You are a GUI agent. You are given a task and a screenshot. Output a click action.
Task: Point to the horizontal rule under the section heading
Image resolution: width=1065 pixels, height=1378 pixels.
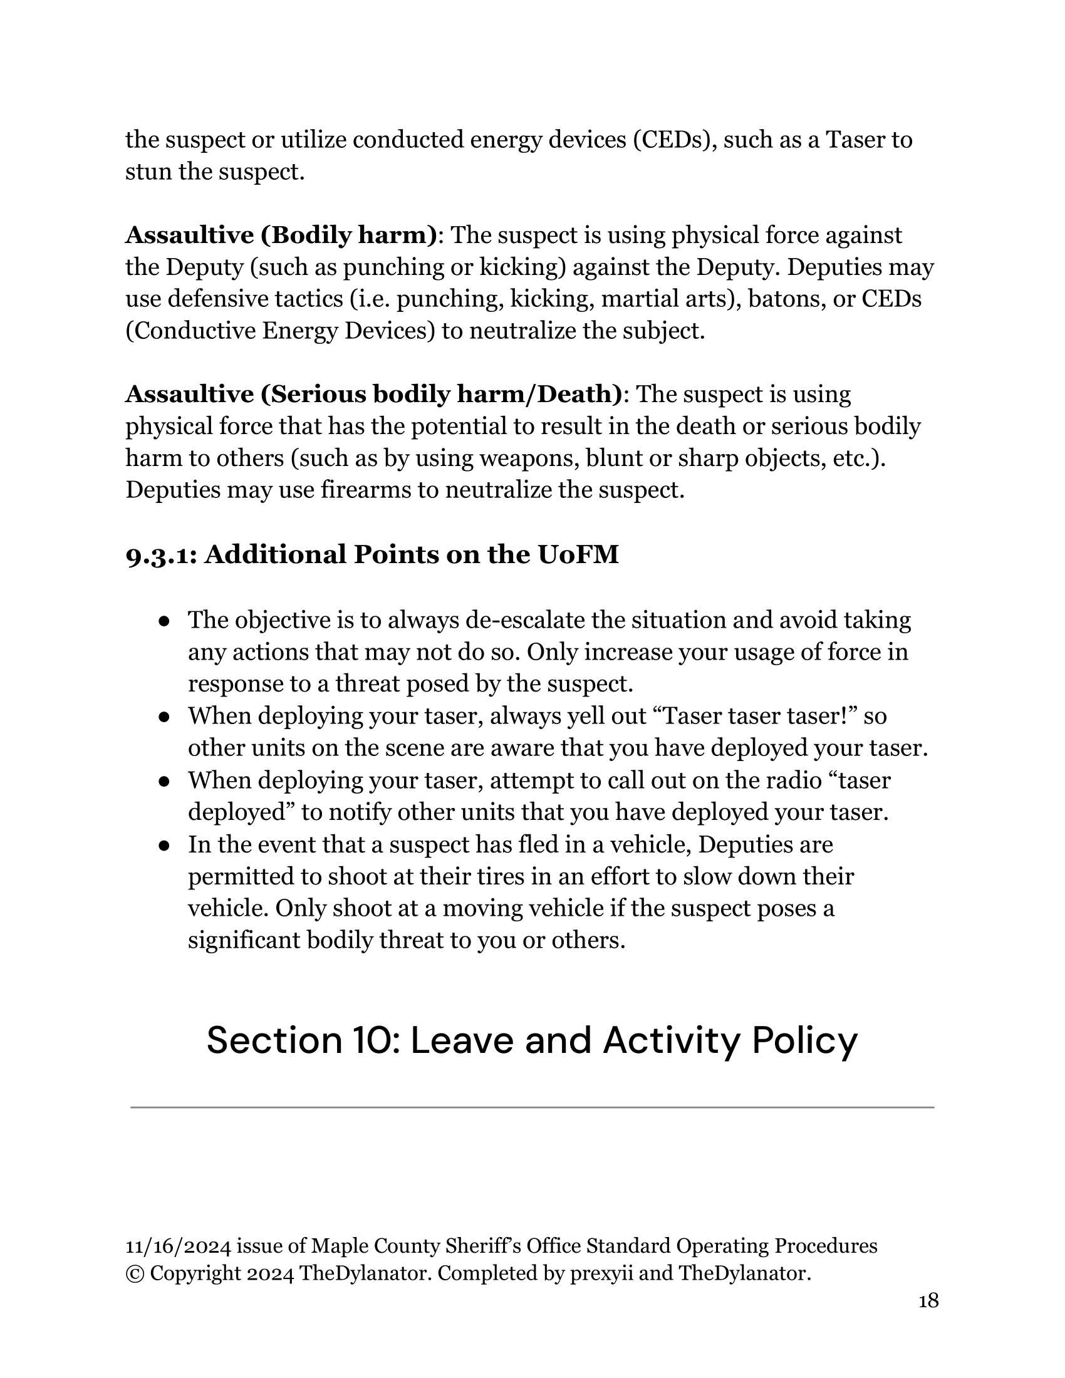(532, 1107)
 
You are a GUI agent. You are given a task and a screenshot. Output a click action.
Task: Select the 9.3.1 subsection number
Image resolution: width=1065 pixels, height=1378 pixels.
(160, 555)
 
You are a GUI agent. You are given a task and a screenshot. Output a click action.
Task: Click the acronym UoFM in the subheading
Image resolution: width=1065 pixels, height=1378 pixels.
(578, 554)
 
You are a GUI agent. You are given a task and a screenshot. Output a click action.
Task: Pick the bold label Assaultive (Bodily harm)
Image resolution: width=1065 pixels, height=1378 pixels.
(281, 236)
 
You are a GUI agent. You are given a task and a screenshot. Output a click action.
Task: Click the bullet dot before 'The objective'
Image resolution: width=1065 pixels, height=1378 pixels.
(164, 621)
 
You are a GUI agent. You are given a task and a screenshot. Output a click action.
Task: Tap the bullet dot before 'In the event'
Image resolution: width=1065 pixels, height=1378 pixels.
(164, 846)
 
